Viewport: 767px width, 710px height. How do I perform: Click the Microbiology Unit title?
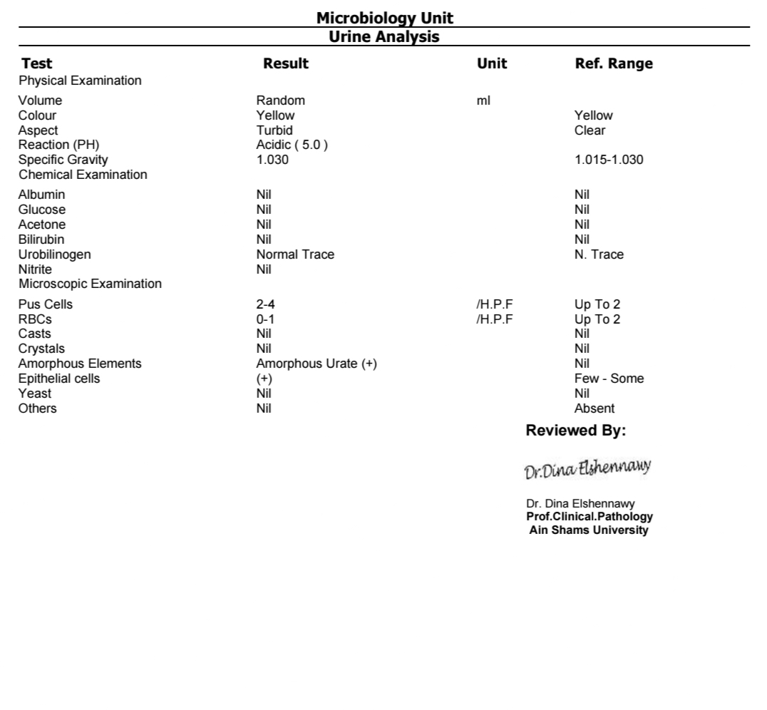pyautogui.click(x=384, y=17)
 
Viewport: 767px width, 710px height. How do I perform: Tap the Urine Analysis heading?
pyautogui.click(x=384, y=36)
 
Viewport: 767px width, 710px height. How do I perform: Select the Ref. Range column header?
pyautogui.click(x=613, y=63)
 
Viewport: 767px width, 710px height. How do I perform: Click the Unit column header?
pyautogui.click(x=492, y=63)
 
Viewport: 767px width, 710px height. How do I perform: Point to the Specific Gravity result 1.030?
pyautogui.click(x=272, y=160)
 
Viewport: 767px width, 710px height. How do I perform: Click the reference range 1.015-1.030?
pyautogui.click(x=608, y=160)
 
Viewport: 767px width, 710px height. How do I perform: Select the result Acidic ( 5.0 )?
pyautogui.click(x=292, y=145)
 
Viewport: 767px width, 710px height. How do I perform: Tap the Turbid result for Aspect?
pyautogui.click(x=274, y=130)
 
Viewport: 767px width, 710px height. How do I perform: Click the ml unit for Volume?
pyautogui.click(x=483, y=101)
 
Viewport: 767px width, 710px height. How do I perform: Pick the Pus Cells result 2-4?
pyautogui.click(x=266, y=304)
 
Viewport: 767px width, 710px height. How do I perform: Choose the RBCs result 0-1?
pyautogui.click(x=265, y=319)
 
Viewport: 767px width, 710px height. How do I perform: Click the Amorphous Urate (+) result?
pyautogui.click(x=316, y=364)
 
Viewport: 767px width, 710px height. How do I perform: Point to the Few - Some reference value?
pyautogui.click(x=609, y=379)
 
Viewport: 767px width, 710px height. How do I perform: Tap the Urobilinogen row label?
pyautogui.click(x=54, y=254)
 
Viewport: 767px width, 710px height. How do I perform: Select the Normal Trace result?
pyautogui.click(x=295, y=254)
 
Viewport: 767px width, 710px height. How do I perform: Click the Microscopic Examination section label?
pyautogui.click(x=90, y=284)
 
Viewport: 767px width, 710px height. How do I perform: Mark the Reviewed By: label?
pyautogui.click(x=576, y=431)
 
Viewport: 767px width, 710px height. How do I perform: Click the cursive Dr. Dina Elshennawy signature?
pyautogui.click(x=588, y=470)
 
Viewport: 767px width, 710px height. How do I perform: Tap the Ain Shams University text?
pyautogui.click(x=589, y=530)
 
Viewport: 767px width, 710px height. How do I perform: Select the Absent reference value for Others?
pyautogui.click(x=594, y=408)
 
